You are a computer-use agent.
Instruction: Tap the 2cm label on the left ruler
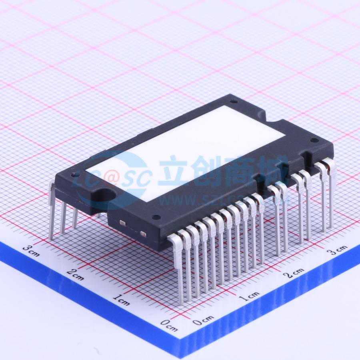click(x=76, y=274)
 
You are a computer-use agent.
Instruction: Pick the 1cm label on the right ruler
click(x=249, y=296)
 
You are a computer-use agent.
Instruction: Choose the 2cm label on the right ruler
click(x=294, y=273)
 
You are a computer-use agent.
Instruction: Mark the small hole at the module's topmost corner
click(x=234, y=101)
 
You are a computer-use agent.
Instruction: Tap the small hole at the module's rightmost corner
click(x=315, y=140)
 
